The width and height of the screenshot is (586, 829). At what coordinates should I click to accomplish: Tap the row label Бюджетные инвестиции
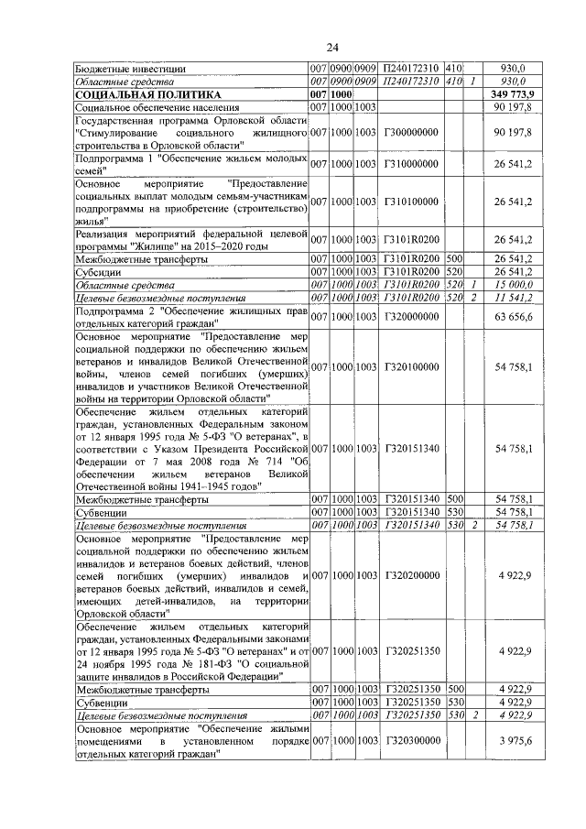132,68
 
